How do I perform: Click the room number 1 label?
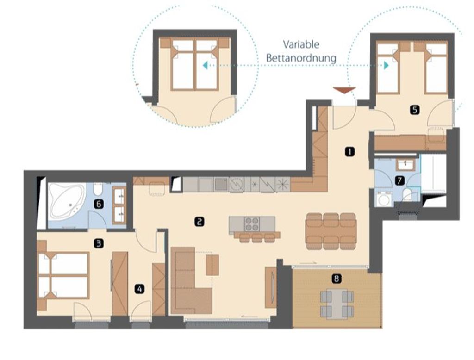point(350,151)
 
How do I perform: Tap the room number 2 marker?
point(199,222)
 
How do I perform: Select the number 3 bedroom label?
point(99,243)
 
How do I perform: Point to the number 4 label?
point(139,289)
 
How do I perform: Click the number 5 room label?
point(415,110)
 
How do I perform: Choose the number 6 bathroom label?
point(99,205)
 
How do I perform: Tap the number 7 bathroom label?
point(399,181)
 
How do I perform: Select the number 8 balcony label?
point(337,279)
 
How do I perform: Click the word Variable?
point(301,45)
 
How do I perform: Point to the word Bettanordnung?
point(301,58)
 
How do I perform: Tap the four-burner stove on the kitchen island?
point(252,223)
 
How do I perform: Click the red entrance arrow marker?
point(344,90)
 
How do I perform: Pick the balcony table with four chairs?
point(337,304)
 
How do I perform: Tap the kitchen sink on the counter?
point(221,184)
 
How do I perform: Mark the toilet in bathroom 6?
point(97,189)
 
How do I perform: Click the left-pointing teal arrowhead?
point(205,65)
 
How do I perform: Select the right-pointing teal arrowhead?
point(387,65)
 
